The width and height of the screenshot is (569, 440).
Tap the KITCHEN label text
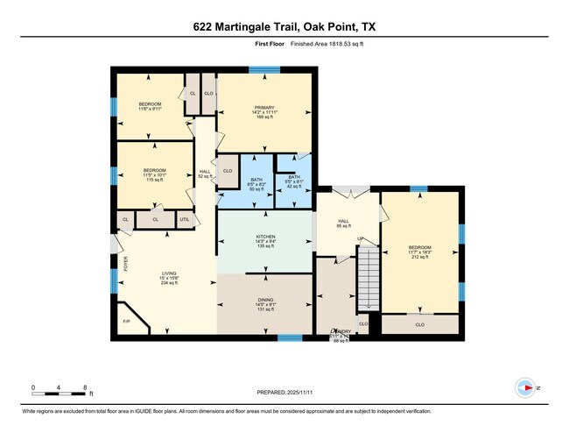[x=265, y=237]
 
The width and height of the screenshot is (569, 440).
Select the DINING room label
[x=264, y=301]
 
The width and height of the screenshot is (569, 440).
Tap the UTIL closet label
[x=185, y=219]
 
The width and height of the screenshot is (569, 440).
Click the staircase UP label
[x=359, y=238]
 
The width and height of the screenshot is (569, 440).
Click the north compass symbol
[x=526, y=387]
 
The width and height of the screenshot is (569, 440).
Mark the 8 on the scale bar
[x=83, y=387]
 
